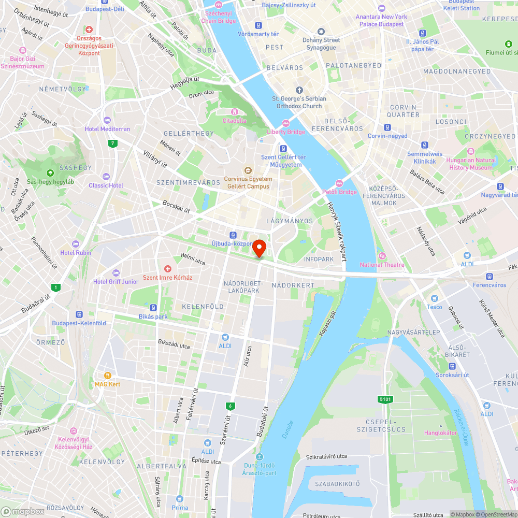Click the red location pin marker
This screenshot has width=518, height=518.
coord(259,248)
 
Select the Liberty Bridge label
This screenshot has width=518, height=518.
coord(286,132)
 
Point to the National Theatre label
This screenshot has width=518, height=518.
coord(382,265)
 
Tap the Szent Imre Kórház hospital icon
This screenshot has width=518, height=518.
coord(167,269)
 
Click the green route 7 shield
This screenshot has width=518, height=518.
coord(112,143)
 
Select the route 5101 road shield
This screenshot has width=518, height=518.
coord(385,399)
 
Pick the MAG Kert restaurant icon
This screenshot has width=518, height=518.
coord(107,376)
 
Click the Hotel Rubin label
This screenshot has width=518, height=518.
coord(76,252)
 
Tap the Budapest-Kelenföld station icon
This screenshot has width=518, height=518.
coord(79,314)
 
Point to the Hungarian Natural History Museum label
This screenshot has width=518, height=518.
coord(471,164)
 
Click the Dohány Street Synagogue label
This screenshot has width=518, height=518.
coord(321,44)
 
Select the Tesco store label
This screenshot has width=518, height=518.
coord(434,307)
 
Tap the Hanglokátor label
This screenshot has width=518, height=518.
coord(440,433)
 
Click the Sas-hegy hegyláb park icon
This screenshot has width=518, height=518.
coord(50,173)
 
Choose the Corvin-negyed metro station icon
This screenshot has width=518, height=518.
coord(387,127)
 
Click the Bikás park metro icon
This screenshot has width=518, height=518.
coord(153,308)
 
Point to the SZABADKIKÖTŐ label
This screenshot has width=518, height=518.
coord(337,483)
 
